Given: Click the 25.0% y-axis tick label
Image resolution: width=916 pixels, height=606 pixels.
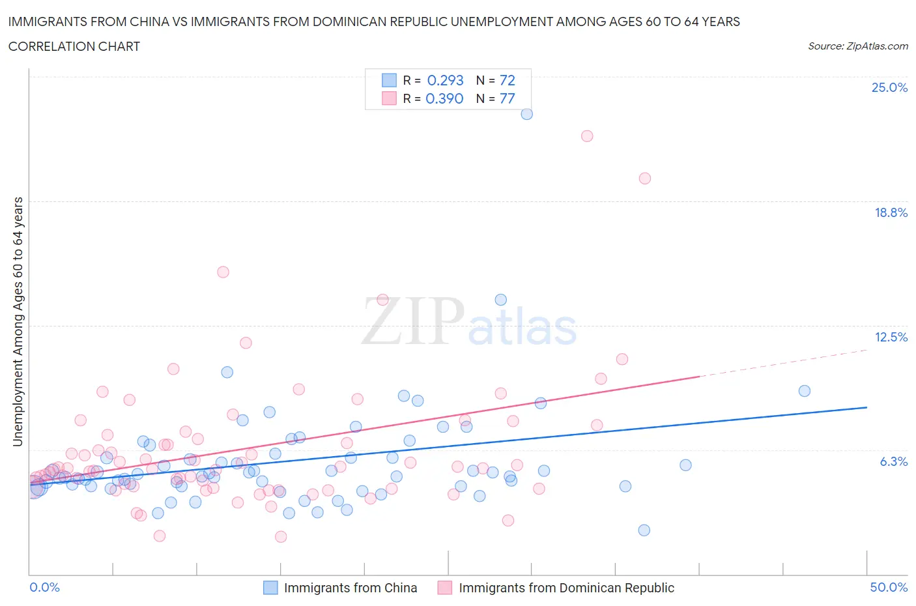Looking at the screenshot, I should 889,88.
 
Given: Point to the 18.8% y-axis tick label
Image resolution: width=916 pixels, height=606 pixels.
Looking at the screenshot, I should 891,212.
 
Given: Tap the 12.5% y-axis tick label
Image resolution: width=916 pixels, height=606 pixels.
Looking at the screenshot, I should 891,337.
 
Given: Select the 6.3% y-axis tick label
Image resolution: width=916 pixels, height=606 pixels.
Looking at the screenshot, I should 893,461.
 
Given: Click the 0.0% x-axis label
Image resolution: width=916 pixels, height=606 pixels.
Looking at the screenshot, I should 44,587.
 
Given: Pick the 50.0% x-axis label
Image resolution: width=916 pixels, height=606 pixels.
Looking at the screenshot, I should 889,587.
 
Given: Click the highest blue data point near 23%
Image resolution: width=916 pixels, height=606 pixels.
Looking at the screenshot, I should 526,114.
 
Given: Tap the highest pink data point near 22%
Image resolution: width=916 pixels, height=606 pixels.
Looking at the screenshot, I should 587,136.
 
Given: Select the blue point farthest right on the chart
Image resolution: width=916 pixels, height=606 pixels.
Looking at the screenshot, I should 805,391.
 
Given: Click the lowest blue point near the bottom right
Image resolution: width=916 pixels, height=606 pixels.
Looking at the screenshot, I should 644,530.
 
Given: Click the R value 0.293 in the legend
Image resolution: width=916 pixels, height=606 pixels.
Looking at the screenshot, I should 445,80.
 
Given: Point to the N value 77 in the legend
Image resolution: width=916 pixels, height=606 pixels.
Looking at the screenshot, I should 507,98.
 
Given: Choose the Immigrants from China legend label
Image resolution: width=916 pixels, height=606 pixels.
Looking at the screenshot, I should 351,588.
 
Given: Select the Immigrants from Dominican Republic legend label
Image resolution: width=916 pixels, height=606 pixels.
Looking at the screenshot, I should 566,588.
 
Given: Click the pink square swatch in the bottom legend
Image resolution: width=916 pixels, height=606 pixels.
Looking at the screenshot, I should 445,588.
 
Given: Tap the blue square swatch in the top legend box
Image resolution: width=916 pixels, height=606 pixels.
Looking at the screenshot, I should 389,80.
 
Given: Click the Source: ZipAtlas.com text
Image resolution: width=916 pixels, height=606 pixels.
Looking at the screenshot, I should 857,46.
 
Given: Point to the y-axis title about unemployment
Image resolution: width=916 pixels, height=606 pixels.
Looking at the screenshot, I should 18,322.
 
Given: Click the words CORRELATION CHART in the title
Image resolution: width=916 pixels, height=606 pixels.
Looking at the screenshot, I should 74,46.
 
